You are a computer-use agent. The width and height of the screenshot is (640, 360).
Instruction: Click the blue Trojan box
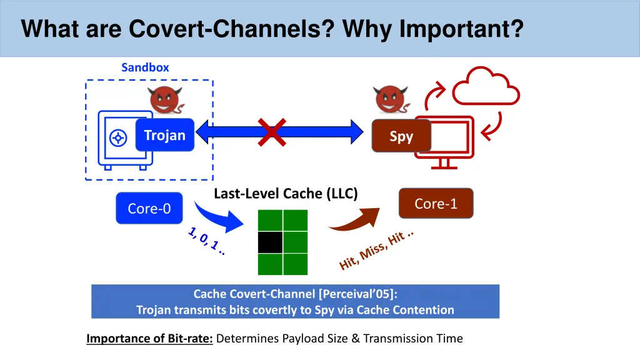tap(165, 135)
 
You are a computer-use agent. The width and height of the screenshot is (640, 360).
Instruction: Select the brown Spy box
tap(401, 136)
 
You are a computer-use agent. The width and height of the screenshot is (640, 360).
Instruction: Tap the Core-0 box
tap(149, 208)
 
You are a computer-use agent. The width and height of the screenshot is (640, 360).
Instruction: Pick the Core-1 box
tap(436, 203)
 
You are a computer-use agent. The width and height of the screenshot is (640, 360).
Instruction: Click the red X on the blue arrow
tap(272, 132)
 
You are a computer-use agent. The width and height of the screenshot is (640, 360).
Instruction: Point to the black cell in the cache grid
tap(270, 242)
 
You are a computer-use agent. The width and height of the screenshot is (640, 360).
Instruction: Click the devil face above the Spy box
tap(390, 99)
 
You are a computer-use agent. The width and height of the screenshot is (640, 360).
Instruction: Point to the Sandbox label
tap(145, 67)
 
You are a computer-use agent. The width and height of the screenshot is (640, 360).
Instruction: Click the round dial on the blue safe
tap(118, 138)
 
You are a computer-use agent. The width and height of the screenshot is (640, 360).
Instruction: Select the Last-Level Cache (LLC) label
tap(286, 194)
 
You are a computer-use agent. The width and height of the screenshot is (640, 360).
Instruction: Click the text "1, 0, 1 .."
tap(207, 241)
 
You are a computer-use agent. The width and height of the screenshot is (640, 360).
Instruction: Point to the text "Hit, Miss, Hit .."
tap(376, 250)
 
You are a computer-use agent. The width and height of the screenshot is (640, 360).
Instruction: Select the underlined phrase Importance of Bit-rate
tap(149, 338)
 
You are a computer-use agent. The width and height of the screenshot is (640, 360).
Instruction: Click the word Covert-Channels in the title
tap(231, 29)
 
